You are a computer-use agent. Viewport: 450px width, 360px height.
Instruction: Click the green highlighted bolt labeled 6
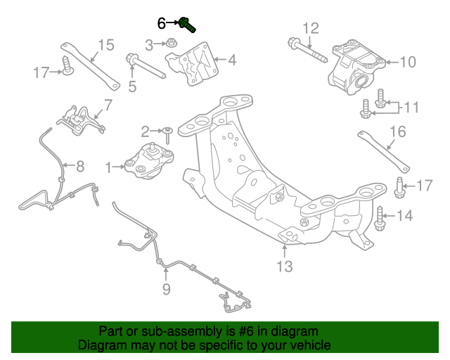pos(186,25)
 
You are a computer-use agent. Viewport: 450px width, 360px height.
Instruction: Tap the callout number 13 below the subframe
pos(284,266)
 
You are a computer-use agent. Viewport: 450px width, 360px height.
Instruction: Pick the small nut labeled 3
pos(172,46)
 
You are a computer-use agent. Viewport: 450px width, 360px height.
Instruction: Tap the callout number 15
pos(105,46)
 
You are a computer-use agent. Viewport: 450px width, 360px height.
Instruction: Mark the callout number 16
pos(397,131)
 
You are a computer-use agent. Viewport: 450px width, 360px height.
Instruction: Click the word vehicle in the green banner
pos(308,346)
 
